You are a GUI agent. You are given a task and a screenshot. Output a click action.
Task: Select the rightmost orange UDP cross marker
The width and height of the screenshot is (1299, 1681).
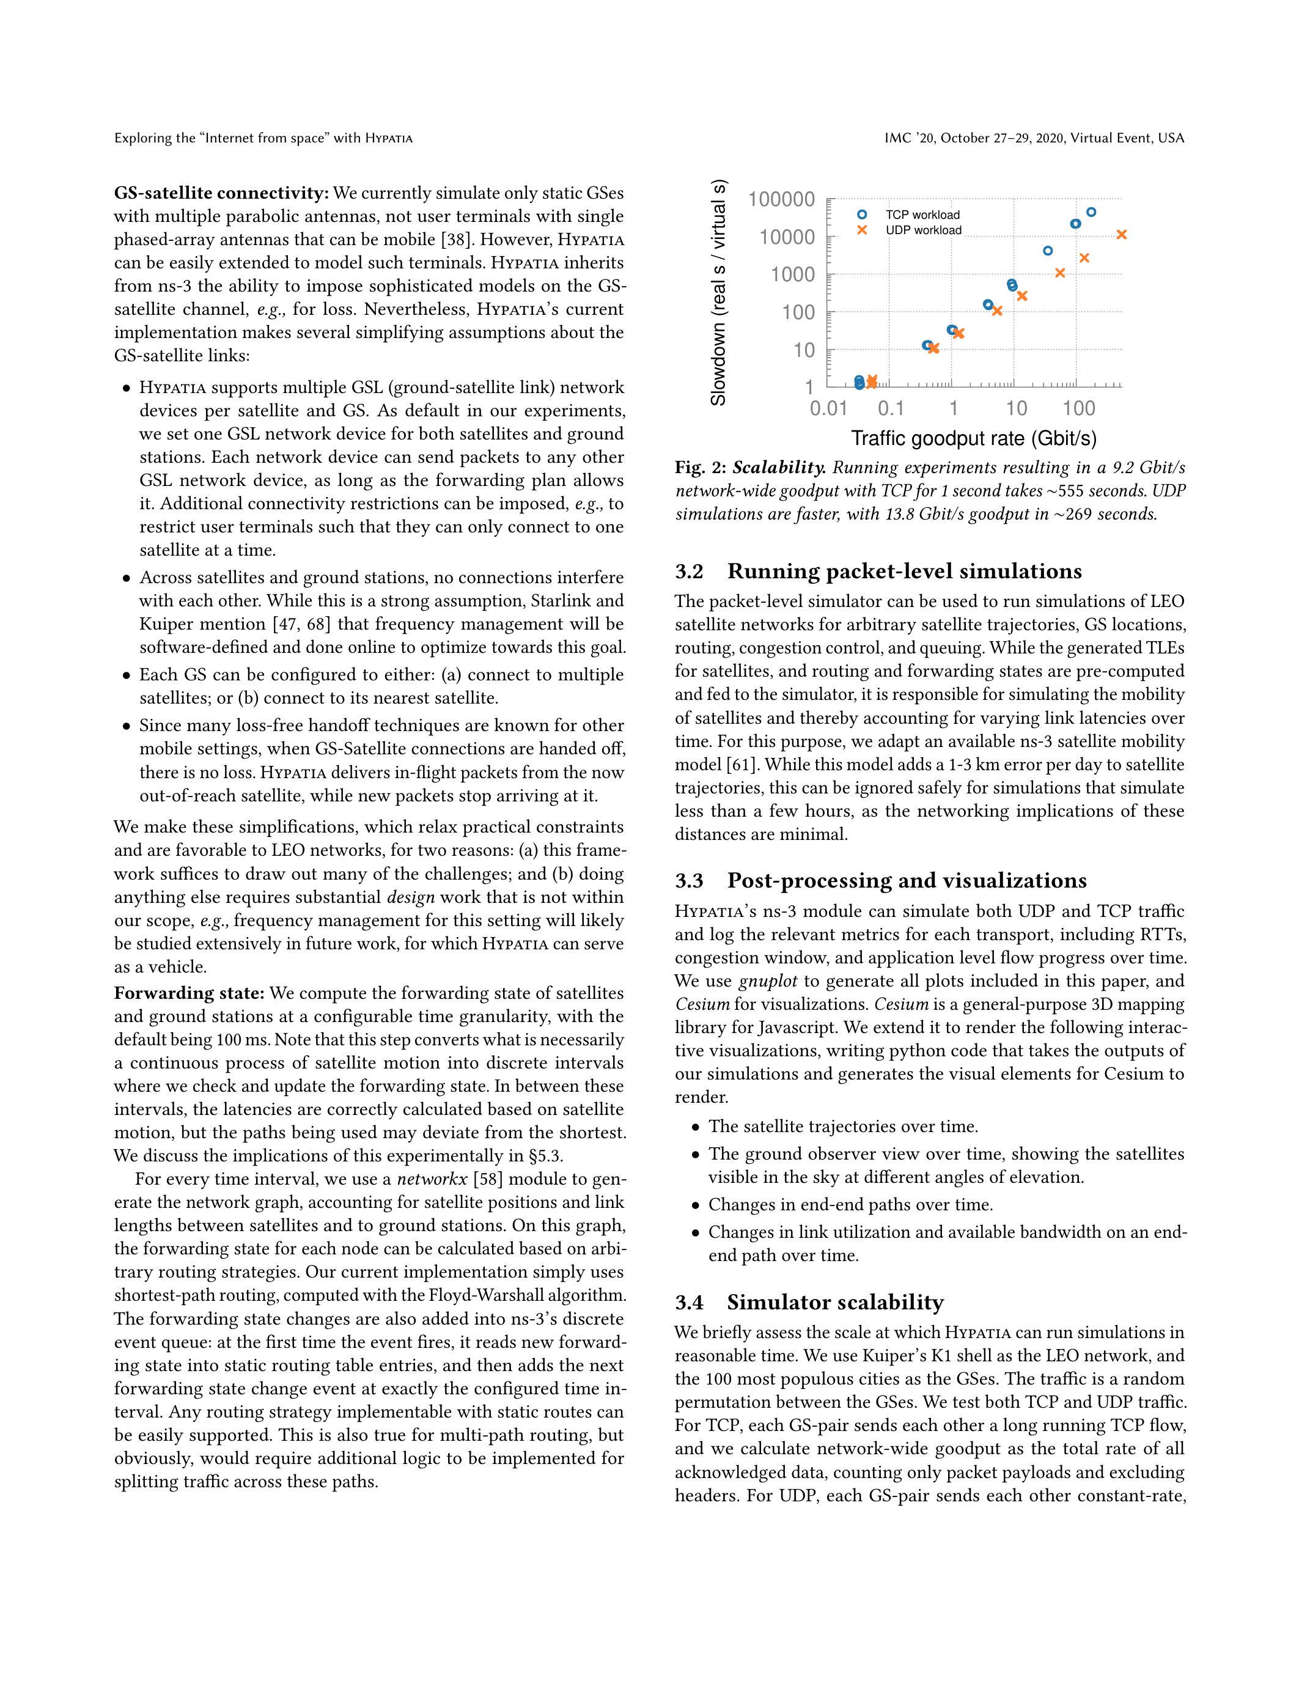coord(1121,235)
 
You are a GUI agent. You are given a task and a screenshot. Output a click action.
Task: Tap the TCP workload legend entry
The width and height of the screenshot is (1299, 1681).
coord(922,215)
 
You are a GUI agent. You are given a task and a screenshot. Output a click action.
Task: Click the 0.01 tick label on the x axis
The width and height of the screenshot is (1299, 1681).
coord(828,408)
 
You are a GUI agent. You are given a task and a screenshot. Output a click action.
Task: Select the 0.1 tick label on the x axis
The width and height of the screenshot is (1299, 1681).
coord(891,408)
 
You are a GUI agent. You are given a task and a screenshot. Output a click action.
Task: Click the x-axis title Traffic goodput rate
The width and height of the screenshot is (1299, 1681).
coord(973,439)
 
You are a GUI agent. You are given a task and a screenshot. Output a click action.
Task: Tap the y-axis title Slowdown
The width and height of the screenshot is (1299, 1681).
coord(718,292)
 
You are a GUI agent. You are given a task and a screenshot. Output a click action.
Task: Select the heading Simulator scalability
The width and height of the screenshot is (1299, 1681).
coord(835,1302)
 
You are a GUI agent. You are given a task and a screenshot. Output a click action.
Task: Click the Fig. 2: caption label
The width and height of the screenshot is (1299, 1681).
coord(701,468)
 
